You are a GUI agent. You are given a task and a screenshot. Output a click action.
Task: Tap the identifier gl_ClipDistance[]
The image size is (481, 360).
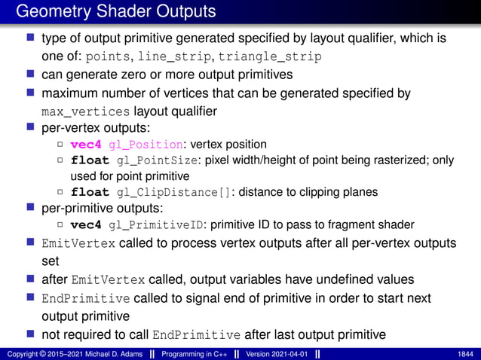pyautogui.click(x=173, y=191)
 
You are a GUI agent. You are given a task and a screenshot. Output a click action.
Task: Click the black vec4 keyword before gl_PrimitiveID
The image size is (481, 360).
pyautogui.click(x=87, y=224)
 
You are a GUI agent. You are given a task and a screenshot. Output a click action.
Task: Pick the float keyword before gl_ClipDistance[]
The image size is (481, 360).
pyautogui.click(x=90, y=191)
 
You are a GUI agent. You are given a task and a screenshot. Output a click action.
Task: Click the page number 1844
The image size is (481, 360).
pyautogui.click(x=465, y=353)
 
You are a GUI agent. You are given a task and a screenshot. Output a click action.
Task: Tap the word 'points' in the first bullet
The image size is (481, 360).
pyautogui.click(x=109, y=56)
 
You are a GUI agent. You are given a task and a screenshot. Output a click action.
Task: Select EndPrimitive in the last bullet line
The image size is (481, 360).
pyautogui.click(x=196, y=335)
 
